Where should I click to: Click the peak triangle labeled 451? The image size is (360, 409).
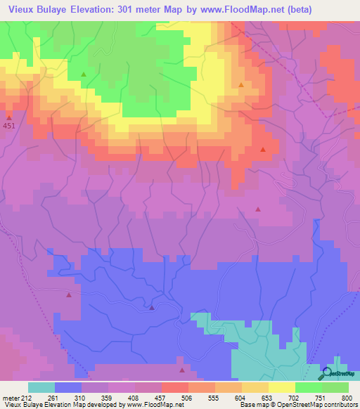pyautogui.click(x=9, y=117)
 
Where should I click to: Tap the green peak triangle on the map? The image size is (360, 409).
pyautogui.click(x=84, y=74)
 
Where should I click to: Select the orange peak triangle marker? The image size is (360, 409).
pyautogui.click(x=241, y=85)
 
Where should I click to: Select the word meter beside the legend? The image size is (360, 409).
pyautogui.click(x=12, y=397)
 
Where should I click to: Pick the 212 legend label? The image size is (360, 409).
pyautogui.click(x=27, y=397)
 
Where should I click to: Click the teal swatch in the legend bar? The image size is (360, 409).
pyautogui.click(x=41, y=387)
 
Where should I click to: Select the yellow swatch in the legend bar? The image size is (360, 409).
pyautogui.click(x=282, y=387)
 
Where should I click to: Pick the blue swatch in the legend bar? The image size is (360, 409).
pyautogui.click(x=67, y=387)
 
